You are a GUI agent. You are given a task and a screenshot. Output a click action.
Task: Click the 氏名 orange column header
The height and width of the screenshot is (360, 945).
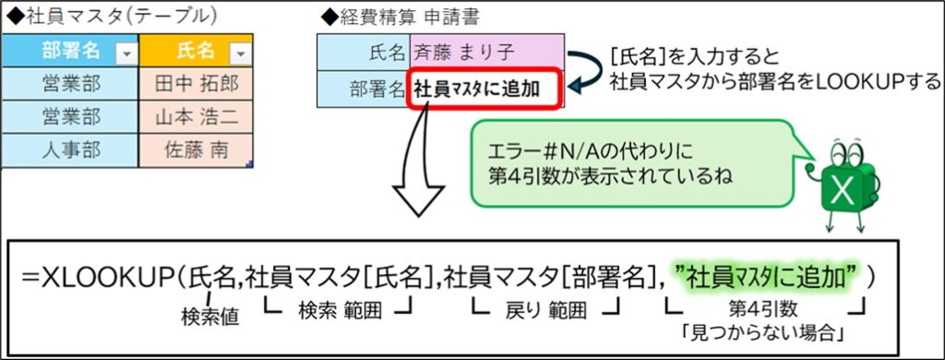193,52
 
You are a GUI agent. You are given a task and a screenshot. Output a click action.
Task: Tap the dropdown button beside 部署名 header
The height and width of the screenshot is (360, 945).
126,54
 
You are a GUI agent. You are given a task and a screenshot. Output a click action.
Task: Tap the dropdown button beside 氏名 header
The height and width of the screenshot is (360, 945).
239,54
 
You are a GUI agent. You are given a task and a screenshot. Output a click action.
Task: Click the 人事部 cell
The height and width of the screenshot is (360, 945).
71,150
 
